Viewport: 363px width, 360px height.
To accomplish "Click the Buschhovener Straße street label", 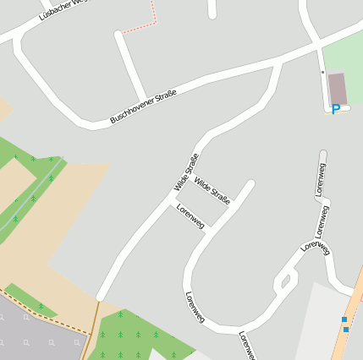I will [x=143, y=107].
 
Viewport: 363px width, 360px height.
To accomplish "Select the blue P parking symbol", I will [x=336, y=110].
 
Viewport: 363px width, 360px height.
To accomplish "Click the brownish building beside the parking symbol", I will [x=337, y=87].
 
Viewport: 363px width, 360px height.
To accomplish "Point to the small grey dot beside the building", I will [x=322, y=73].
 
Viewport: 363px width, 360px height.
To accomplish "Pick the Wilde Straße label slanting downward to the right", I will [x=212, y=190].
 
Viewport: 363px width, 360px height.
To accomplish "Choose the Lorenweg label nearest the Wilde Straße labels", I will [x=190, y=216].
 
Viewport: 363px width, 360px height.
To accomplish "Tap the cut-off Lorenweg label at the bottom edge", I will [x=246, y=345].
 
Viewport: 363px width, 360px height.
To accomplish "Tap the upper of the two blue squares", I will [x=344, y=319].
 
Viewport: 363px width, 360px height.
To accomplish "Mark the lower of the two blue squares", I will [x=346, y=329].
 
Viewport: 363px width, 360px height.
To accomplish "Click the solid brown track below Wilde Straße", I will [x=92, y=330].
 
